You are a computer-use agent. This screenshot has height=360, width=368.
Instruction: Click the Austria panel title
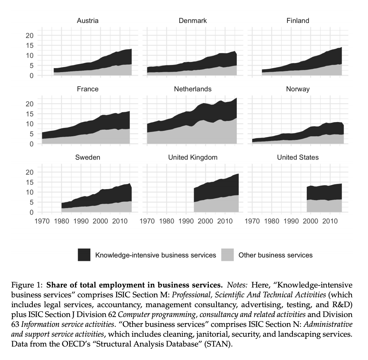87,21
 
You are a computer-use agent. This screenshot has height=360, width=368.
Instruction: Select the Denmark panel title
193,21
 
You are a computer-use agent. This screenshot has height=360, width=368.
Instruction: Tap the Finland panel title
298,21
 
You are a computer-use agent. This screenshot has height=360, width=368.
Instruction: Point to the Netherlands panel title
193,89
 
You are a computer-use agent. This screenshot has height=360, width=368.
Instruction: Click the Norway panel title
298,89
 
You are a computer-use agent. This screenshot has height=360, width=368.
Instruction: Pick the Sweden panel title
87,157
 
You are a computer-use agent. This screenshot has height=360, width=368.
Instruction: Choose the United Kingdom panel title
193,157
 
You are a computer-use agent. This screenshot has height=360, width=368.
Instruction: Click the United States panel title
298,157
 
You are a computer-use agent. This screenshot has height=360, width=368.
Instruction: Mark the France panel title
87,89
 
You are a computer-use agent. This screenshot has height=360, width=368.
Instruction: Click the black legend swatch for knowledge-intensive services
84,255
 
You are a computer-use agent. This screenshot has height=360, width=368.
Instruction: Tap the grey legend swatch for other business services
227,255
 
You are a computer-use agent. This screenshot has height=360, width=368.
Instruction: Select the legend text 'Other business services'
275,255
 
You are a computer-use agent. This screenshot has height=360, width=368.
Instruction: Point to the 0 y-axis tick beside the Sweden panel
32,212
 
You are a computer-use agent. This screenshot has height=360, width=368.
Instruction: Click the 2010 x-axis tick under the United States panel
330,221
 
